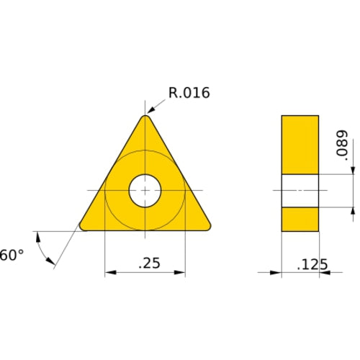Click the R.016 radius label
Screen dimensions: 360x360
(x=189, y=93)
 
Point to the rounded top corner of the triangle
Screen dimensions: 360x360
(x=145, y=117)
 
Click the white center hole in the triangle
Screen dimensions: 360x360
(x=145, y=191)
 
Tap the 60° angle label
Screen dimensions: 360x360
(x=12, y=255)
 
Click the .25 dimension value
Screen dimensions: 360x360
(x=148, y=264)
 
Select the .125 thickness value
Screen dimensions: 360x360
(x=312, y=264)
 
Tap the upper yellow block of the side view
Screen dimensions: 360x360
(x=300, y=144)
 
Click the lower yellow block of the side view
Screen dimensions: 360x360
(x=300, y=219)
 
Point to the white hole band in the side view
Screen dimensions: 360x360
(x=300, y=191)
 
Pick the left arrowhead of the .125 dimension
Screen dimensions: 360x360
(x=276, y=273)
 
